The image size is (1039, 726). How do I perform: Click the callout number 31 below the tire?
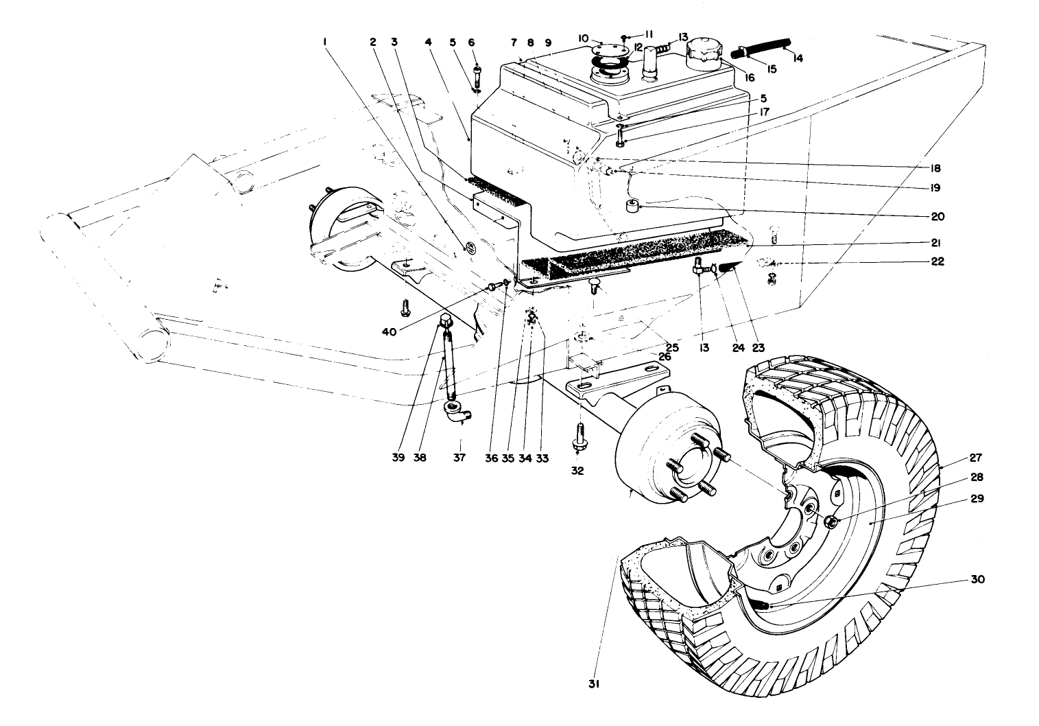pos(593,683)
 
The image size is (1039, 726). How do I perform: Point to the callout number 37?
pos(459,458)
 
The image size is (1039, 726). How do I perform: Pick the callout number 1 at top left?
pos(324,42)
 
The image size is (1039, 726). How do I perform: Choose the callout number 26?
pos(664,357)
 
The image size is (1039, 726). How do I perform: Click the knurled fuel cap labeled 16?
pos(700,52)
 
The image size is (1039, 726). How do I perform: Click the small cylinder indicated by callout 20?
pos(630,206)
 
